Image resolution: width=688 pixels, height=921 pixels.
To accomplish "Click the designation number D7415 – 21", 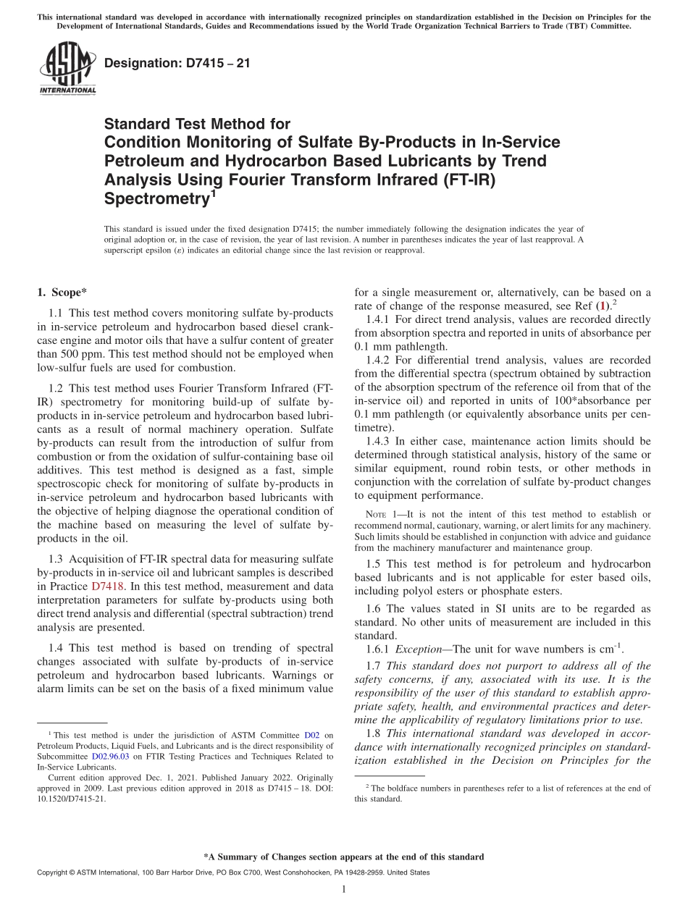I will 177,64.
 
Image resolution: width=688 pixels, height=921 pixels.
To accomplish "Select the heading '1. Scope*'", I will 62,293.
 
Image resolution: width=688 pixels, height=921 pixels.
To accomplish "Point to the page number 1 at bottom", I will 344,890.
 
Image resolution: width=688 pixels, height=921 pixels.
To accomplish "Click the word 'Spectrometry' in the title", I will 154,198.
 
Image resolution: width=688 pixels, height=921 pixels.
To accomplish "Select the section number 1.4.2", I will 381,360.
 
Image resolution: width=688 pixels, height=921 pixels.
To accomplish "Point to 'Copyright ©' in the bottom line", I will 57,873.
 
